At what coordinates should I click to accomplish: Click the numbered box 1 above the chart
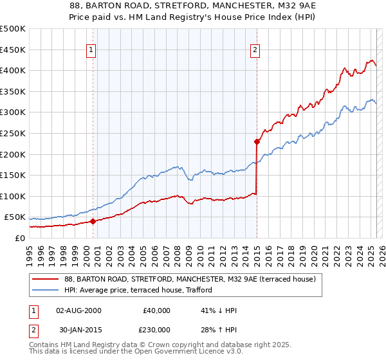coord(91,50)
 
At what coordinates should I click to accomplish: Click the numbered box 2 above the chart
coord(255,50)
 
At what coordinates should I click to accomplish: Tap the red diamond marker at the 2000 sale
coord(93,221)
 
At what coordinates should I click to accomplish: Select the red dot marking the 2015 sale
coord(257,141)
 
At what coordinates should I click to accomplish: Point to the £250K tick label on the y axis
coord(12,133)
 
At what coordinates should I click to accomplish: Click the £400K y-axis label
coord(12,70)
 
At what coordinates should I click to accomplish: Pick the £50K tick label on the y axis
coord(15,217)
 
